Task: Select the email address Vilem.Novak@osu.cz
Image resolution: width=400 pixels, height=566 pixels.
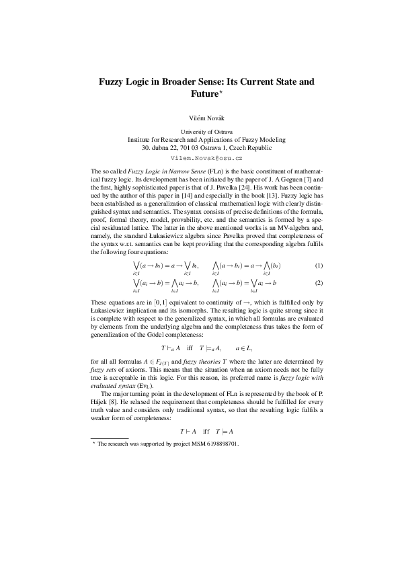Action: point(200,157)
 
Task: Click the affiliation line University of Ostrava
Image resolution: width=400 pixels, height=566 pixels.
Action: point(200,132)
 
